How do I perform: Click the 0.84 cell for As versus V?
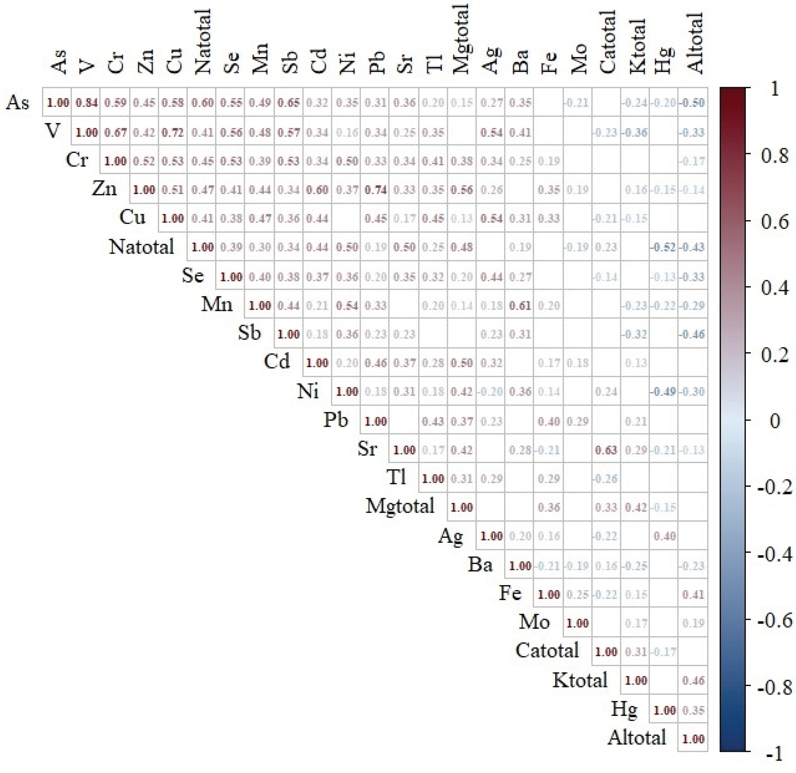86,103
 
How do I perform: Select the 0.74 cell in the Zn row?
375,190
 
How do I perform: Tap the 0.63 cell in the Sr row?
606,450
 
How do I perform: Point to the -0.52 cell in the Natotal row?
664,247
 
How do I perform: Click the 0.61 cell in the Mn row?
520,305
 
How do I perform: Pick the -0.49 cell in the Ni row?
664,391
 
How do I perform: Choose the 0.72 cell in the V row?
173,132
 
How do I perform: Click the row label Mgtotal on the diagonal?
400,506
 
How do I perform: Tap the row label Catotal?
547,650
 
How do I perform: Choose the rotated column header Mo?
579,58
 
